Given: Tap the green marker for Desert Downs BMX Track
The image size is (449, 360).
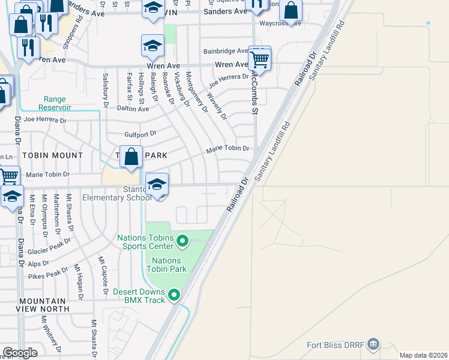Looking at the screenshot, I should click(175, 295).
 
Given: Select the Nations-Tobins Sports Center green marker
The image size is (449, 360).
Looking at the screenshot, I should click(182, 241).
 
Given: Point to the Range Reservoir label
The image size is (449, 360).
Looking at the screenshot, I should click(58, 103).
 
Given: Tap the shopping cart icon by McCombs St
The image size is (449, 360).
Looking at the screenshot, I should click(259, 59).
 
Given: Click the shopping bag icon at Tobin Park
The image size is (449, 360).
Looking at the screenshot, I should click(131, 157).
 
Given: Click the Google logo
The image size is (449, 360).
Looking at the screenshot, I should click(20, 353).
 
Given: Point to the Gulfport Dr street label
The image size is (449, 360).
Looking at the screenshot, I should click(140, 134).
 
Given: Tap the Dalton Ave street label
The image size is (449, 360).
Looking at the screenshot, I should click(133, 109).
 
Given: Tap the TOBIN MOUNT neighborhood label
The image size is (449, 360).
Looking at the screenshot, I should click(52, 155).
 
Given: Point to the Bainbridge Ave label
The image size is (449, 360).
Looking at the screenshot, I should click(225, 52).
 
